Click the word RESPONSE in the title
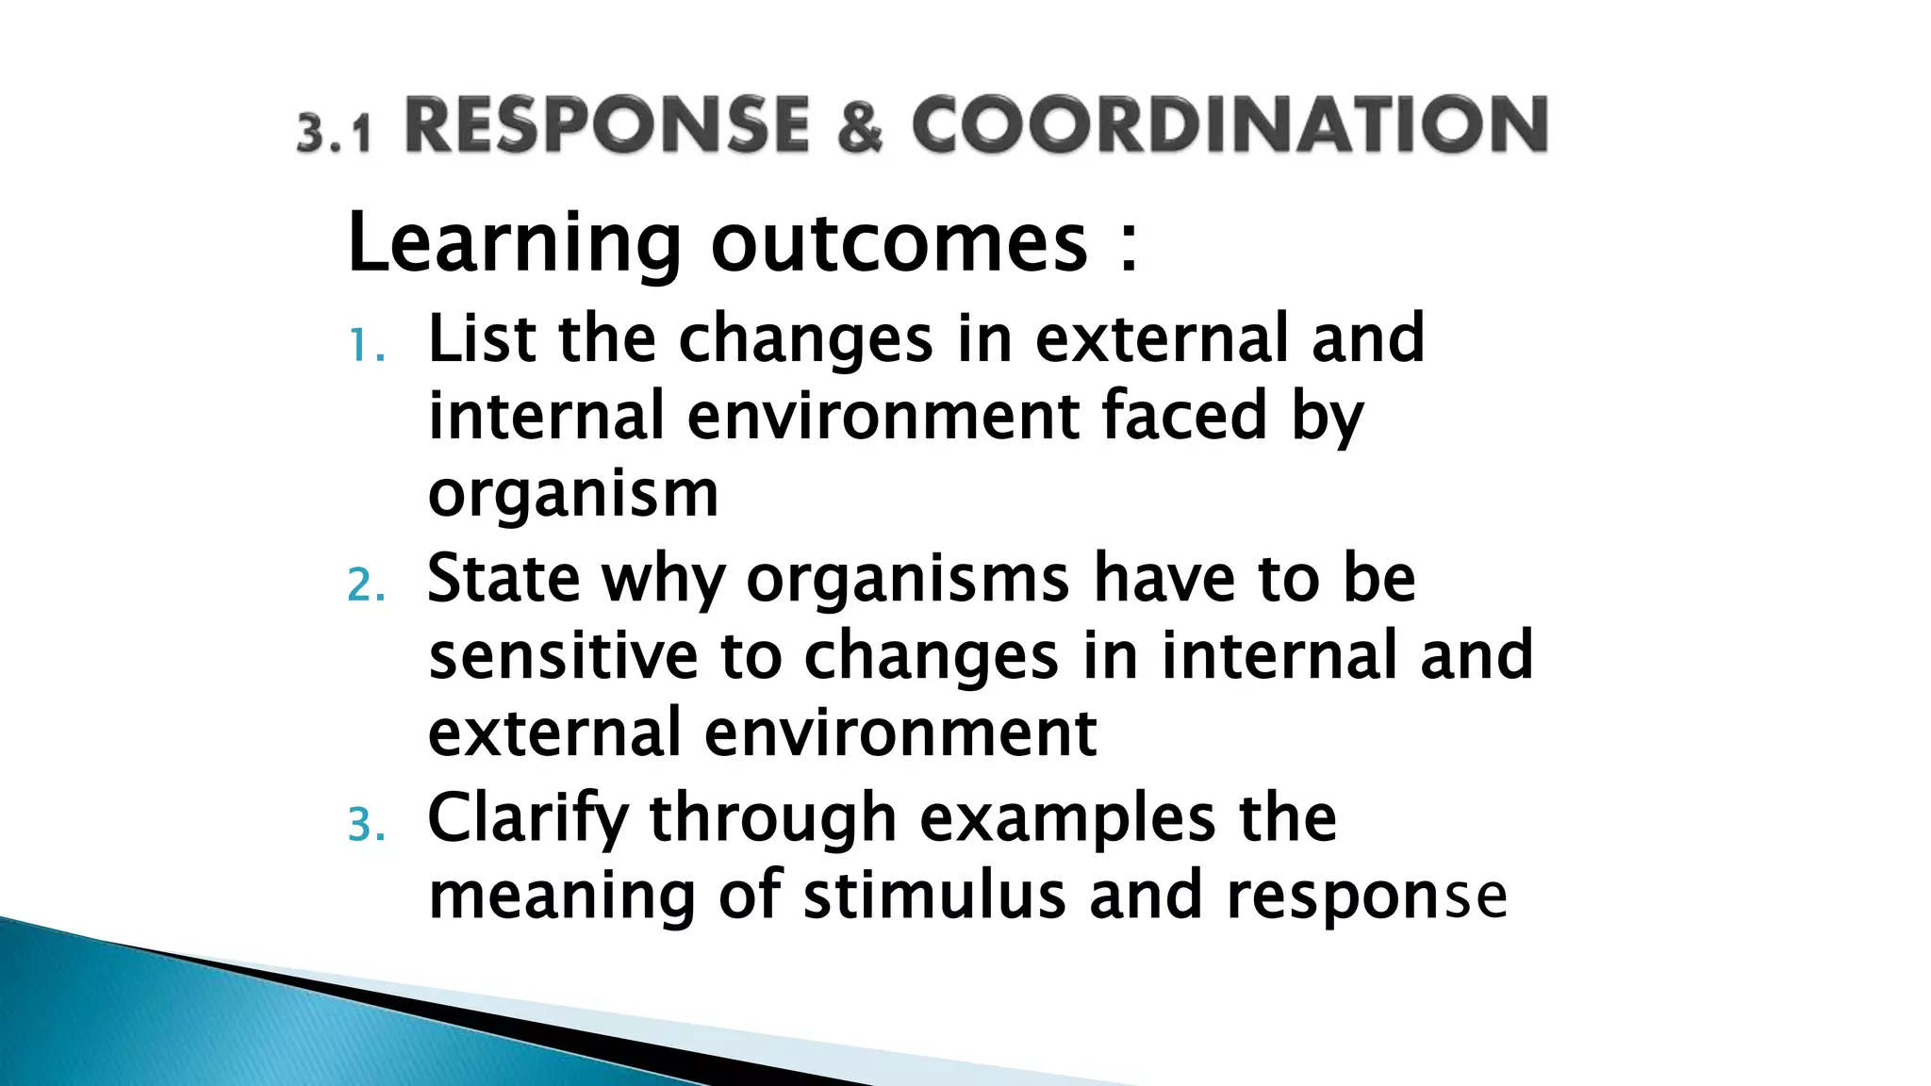coord(607,126)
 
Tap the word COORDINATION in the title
coord(1229,126)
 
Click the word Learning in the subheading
coord(514,243)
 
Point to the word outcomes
coord(899,243)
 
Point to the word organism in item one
coord(573,494)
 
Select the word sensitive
coord(562,655)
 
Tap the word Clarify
coord(527,818)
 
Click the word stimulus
coord(934,896)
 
